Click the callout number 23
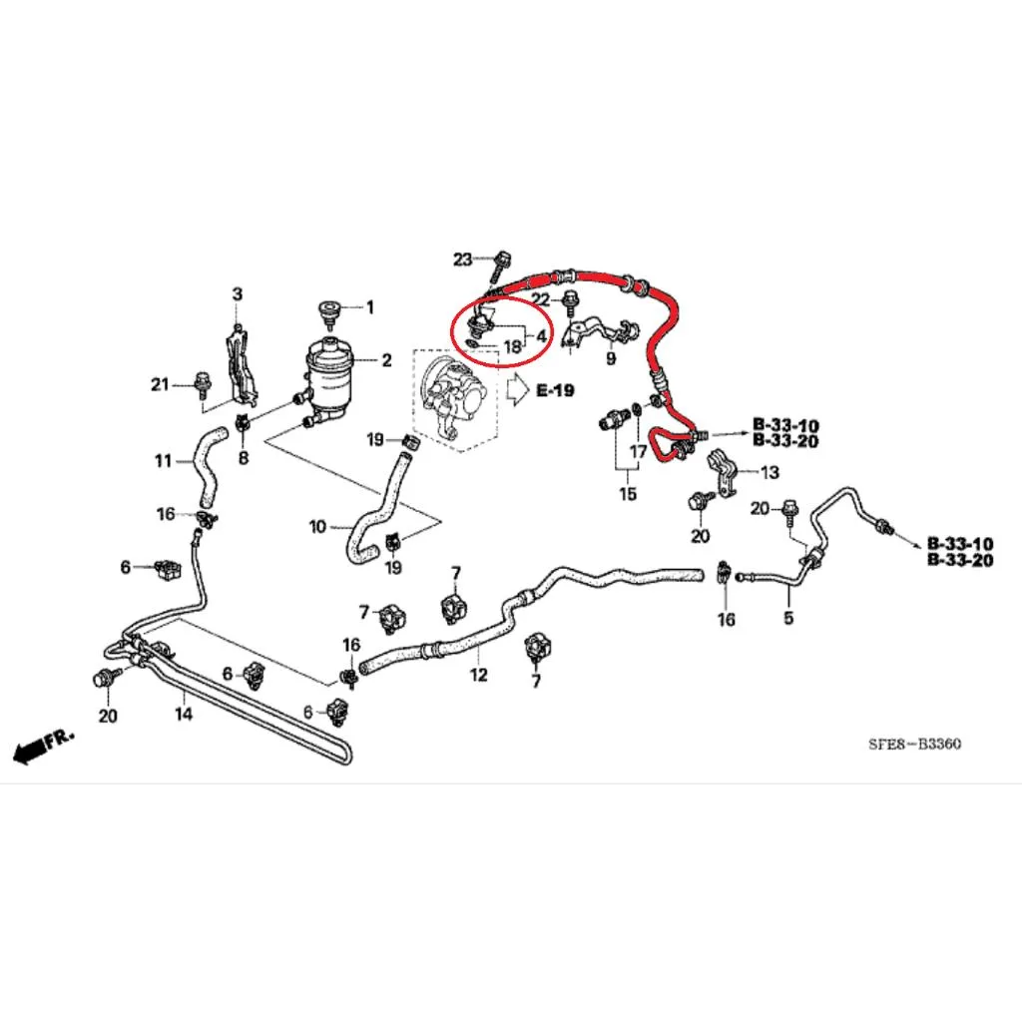(462, 259)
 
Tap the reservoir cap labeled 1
(329, 311)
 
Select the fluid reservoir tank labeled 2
(334, 379)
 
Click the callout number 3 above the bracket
(238, 294)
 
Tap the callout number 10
(317, 526)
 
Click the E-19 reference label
(555, 390)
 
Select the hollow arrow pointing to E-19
(518, 390)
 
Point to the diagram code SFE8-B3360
(914, 744)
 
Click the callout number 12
(478, 675)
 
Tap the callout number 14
(184, 714)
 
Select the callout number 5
(788, 617)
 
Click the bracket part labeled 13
(723, 473)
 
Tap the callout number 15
(628, 494)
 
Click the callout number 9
(611, 358)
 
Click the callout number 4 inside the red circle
(541, 336)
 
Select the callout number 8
(244, 458)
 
